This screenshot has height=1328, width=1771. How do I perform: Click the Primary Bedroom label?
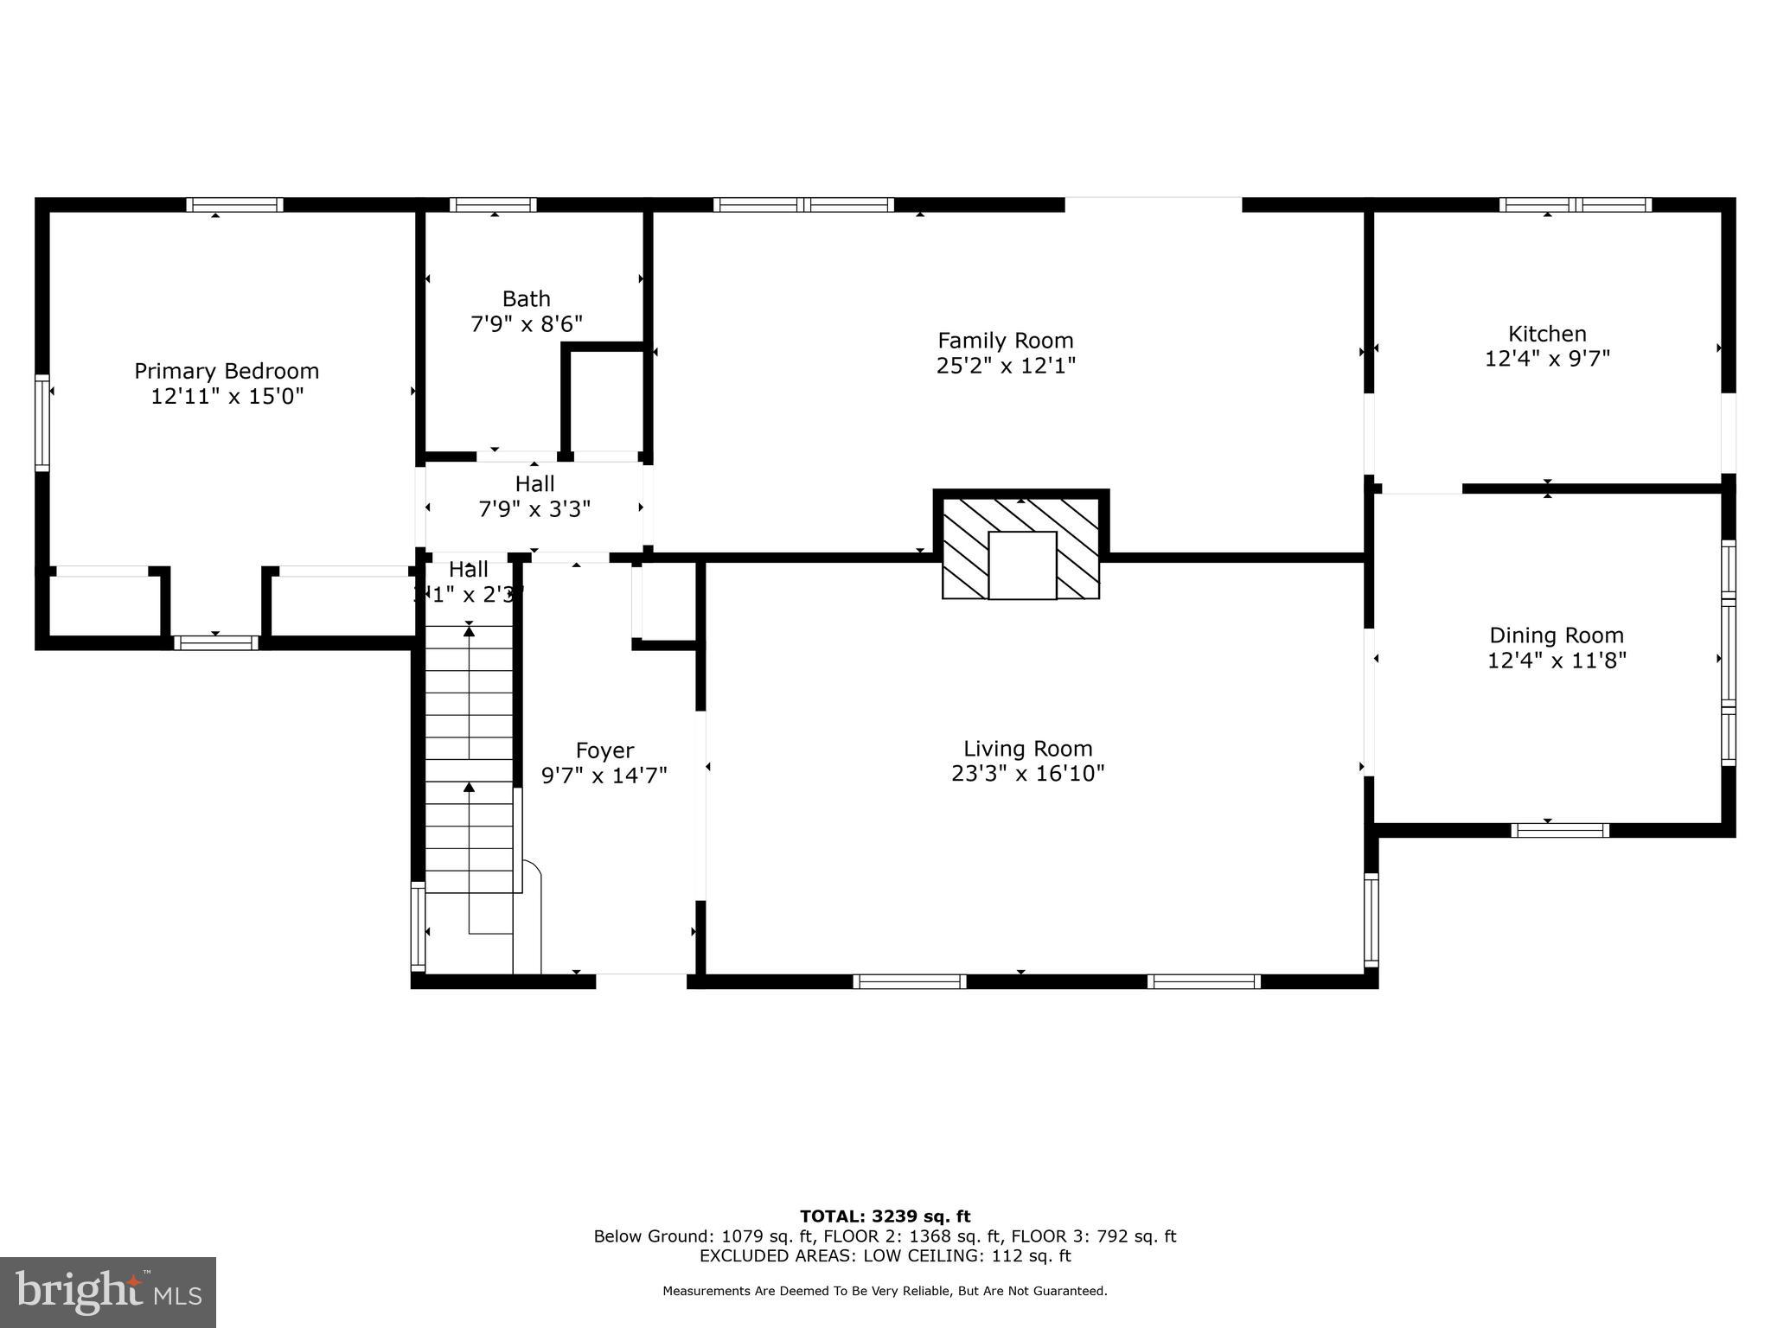click(227, 371)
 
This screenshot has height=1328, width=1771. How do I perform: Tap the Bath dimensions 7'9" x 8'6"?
click(526, 324)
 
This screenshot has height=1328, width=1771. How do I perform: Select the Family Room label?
click(1005, 341)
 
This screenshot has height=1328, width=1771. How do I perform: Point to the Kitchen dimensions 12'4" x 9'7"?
click(1547, 358)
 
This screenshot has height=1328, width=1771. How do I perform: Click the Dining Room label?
click(1556, 635)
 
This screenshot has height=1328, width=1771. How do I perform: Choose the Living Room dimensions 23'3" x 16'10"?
click(1027, 773)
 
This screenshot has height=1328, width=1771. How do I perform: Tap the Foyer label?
click(604, 750)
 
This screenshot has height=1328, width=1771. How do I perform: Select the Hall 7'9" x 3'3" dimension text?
click(534, 508)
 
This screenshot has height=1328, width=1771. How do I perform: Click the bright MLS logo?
click(108, 1292)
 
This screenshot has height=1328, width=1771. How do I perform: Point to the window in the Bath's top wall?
click(493, 205)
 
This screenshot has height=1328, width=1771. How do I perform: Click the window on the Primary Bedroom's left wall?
click(42, 423)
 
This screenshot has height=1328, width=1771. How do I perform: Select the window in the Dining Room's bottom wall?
click(1560, 830)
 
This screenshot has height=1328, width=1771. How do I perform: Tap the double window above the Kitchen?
click(1575, 205)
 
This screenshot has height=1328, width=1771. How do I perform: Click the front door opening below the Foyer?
click(641, 980)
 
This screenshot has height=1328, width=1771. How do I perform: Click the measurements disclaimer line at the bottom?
click(885, 1291)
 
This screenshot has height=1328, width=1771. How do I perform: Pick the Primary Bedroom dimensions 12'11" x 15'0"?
click(227, 397)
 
